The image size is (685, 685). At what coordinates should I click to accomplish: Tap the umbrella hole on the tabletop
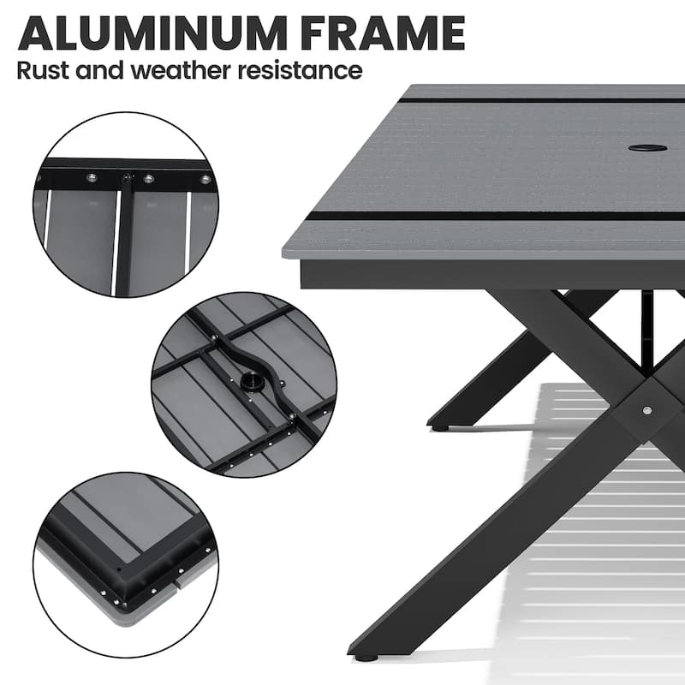(647, 147)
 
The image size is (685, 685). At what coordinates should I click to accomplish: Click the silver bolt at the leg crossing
(647, 411)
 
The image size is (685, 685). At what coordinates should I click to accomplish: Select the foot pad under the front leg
(366, 658)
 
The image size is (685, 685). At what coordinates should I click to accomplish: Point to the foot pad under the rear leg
(438, 426)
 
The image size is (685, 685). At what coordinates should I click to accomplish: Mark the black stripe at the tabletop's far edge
(539, 100)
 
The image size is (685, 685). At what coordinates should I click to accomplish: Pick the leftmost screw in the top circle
(39, 178)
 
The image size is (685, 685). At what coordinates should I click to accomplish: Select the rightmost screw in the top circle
(205, 179)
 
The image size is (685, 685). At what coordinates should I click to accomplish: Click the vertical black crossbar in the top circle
(126, 231)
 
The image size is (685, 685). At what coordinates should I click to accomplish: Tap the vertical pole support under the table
(646, 317)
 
